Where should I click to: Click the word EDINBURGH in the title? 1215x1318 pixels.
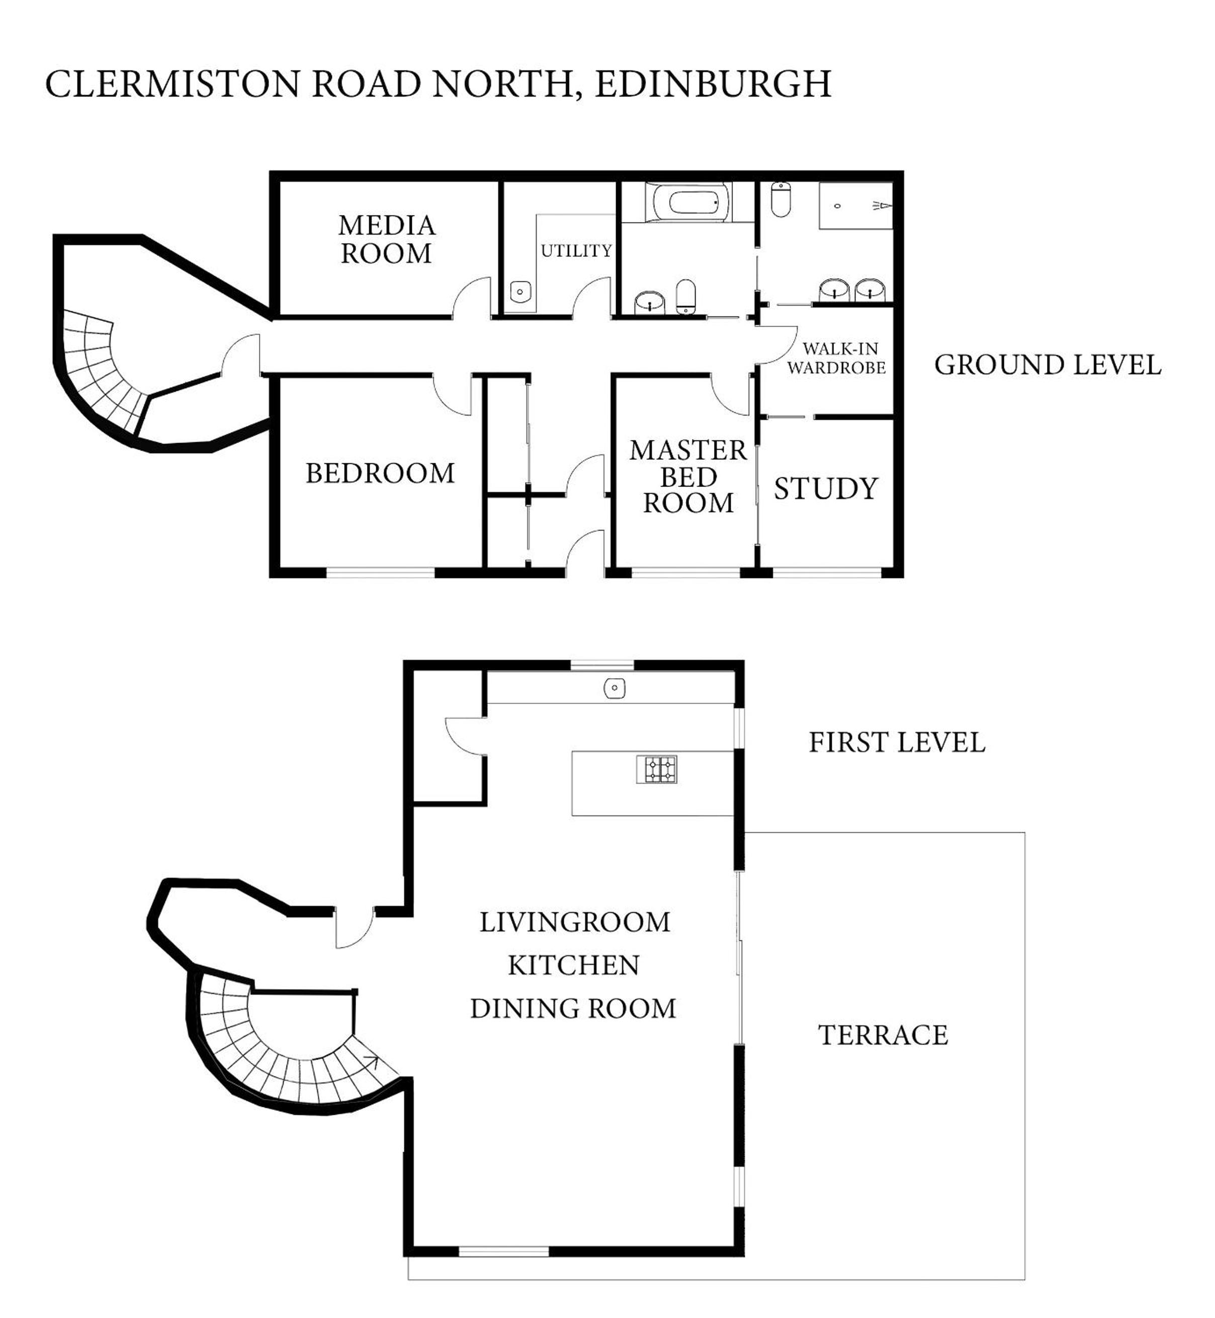713,84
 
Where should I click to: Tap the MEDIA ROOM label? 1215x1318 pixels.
387,239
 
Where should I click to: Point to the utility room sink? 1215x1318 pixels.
520,290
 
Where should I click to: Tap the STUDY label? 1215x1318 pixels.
826,488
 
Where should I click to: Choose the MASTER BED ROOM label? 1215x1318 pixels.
688,477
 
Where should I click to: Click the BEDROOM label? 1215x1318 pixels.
380,473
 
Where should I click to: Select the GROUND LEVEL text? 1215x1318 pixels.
1048,366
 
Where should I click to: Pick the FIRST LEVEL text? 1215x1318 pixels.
897,743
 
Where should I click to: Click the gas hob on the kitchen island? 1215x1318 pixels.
657,770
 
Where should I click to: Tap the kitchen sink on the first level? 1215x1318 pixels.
614,689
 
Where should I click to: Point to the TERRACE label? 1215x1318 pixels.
883,1035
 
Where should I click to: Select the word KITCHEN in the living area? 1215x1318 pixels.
574,965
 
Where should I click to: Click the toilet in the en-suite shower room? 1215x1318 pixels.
780,199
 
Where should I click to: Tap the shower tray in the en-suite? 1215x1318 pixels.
856,206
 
